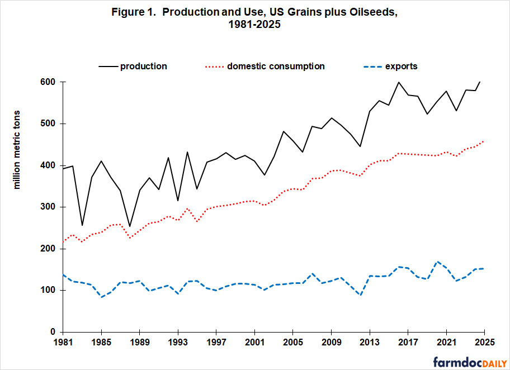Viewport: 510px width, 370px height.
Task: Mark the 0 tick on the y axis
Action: click(x=55, y=332)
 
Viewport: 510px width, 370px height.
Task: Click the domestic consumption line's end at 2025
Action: click(x=483, y=141)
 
